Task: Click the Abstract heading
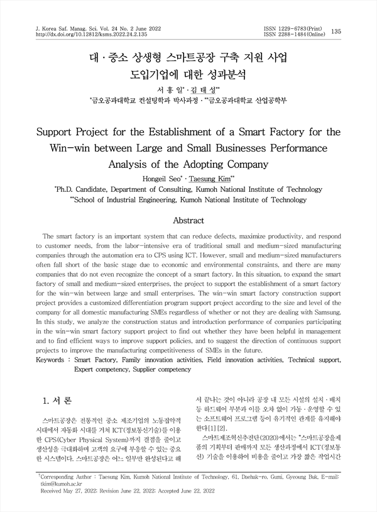188,221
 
